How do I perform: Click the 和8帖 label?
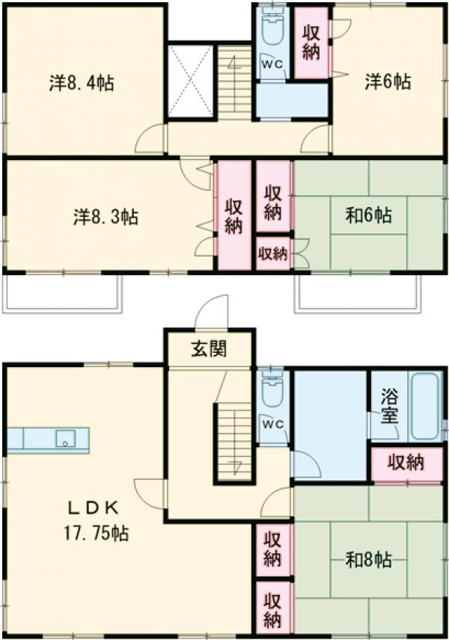pos(368,559)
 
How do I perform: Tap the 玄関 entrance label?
pos(209,348)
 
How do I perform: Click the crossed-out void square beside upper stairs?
pos(191,82)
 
